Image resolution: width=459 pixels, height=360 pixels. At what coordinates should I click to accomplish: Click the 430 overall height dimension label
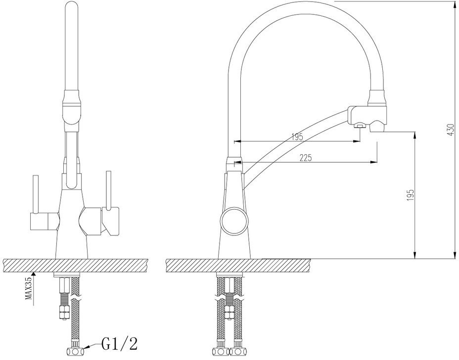[451, 130]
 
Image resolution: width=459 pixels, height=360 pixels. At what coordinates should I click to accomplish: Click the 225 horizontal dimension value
[306, 158]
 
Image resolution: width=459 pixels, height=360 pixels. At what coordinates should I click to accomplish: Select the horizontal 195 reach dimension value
[297, 136]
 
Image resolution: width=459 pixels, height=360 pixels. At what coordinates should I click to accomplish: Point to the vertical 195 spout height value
[411, 195]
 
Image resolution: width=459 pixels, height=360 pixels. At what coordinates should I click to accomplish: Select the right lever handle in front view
[109, 190]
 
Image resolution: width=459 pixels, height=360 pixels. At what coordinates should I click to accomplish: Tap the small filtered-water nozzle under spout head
[360, 126]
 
